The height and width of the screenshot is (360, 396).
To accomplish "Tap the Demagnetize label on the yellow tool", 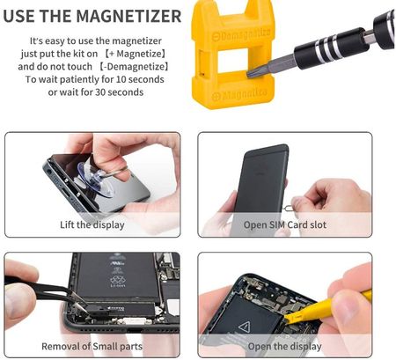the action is click(x=241, y=35).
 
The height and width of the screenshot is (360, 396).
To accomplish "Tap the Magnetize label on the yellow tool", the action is click(x=239, y=94).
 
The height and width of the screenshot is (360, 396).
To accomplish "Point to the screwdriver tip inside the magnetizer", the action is click(x=252, y=72).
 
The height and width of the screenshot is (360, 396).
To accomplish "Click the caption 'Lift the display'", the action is click(x=92, y=224).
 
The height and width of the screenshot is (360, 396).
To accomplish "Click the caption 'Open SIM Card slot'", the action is click(x=285, y=224).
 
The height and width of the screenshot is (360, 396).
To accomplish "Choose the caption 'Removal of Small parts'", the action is click(x=92, y=346).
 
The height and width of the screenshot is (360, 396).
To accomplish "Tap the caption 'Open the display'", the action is click(x=284, y=346).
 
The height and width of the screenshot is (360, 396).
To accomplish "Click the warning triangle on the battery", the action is click(x=244, y=327).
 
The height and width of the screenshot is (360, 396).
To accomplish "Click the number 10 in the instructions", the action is click(x=121, y=79).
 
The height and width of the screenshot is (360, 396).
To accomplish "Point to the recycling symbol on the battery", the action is click(x=118, y=279).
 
